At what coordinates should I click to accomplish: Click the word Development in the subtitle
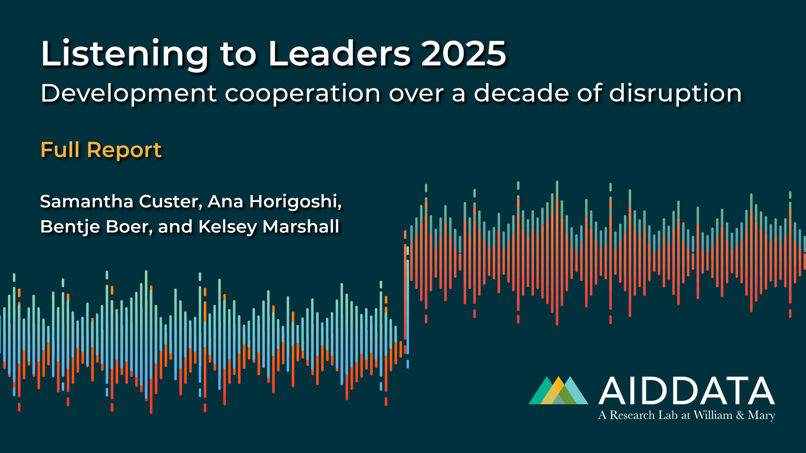[129, 94]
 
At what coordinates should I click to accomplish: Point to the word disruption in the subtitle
[675, 94]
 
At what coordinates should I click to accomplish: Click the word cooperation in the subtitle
[302, 94]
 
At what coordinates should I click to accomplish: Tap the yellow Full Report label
[101, 150]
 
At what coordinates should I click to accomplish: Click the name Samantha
[86, 201]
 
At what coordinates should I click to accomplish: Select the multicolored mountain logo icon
[558, 391]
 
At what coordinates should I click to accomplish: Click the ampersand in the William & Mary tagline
[740, 415]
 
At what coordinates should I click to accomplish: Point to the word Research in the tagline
[632, 415]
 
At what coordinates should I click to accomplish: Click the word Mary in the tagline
[761, 415]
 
